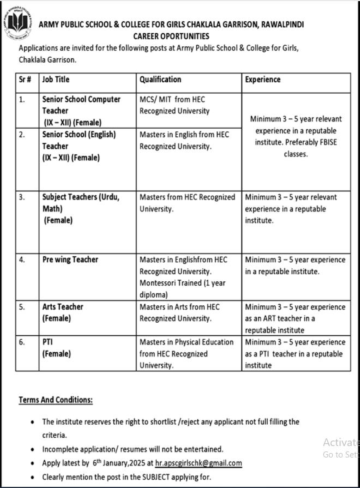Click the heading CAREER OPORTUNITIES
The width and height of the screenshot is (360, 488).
(x=171, y=36)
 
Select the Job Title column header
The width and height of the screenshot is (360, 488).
(x=56, y=80)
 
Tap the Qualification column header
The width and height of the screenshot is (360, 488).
(x=160, y=80)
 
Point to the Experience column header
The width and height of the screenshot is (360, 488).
(x=262, y=80)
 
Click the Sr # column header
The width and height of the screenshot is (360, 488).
(x=25, y=80)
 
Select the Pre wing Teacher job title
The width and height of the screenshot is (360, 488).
(x=70, y=260)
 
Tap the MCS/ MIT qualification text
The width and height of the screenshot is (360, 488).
(x=156, y=100)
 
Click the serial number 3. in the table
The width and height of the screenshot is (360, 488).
(x=22, y=197)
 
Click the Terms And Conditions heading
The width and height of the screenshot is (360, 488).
(x=56, y=400)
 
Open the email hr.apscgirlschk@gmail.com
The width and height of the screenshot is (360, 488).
(x=199, y=463)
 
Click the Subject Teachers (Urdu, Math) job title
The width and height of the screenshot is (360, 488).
(x=80, y=203)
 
